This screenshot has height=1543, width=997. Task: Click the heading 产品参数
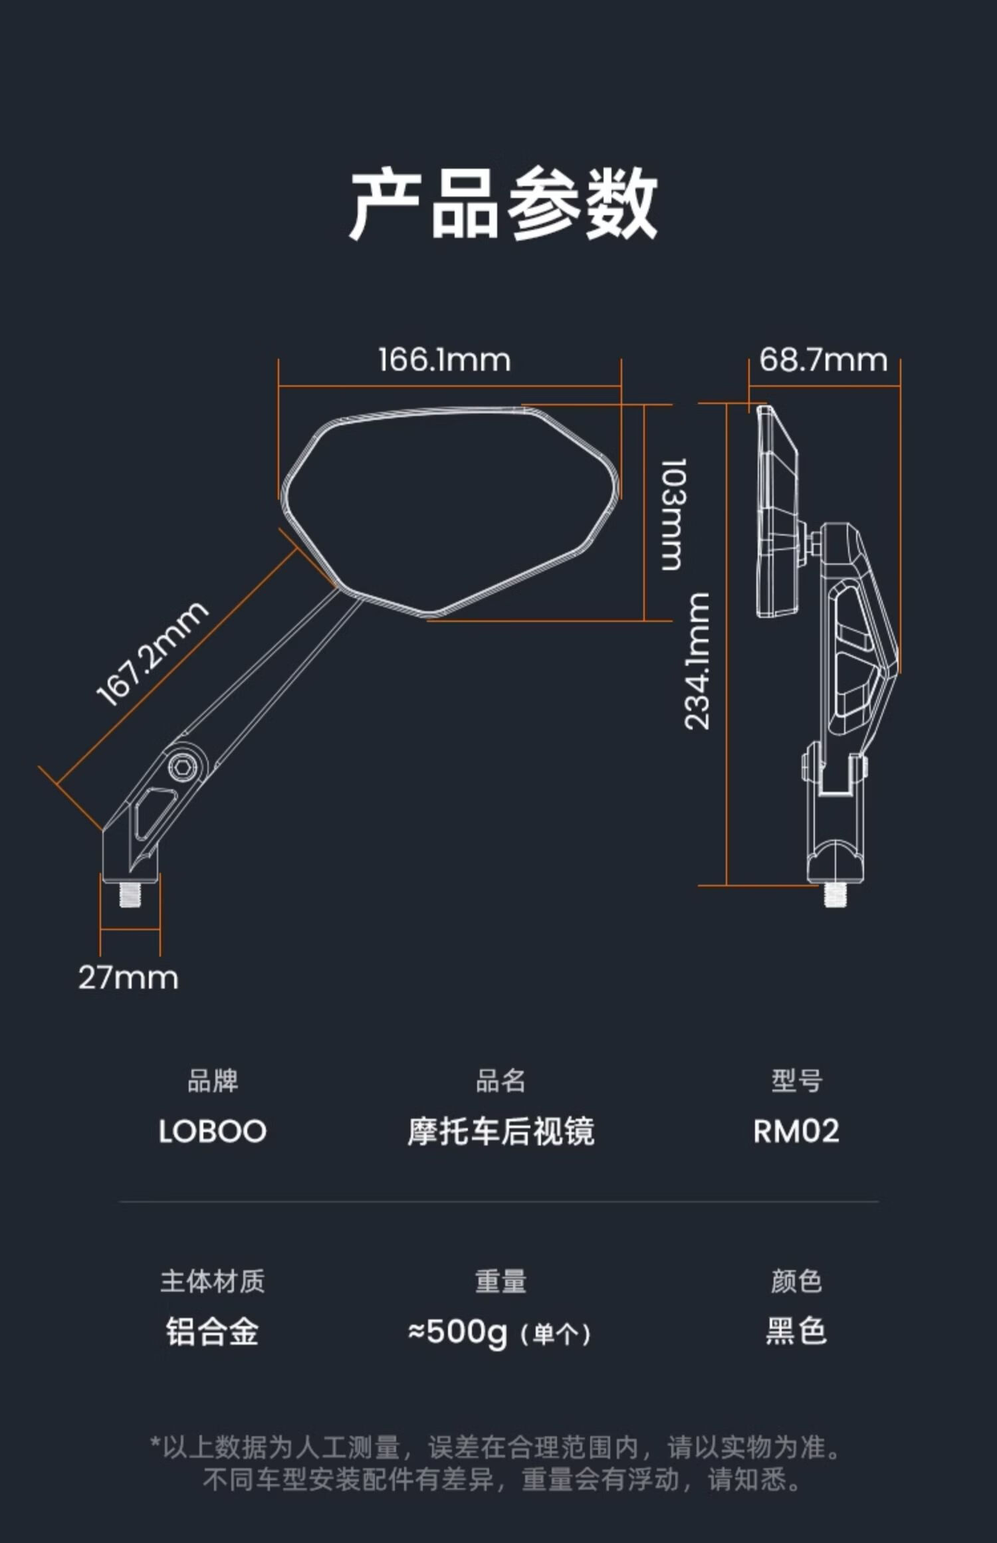[x=503, y=204]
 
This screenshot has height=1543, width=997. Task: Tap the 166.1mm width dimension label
[x=445, y=360]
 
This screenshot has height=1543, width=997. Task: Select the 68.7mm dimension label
[x=824, y=360]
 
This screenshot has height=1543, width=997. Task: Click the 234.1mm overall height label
[x=697, y=661]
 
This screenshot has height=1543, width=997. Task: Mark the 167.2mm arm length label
[x=152, y=654]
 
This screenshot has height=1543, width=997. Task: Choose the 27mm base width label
[x=128, y=978]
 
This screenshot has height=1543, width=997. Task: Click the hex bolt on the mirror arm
[x=183, y=768]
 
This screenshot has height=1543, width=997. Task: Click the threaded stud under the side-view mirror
[x=835, y=894]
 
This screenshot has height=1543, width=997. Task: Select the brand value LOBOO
[x=213, y=1132]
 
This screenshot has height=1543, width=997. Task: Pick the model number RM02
[x=796, y=1132]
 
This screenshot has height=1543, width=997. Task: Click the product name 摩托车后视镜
[x=501, y=1132]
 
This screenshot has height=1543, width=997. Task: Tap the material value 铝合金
[x=213, y=1332]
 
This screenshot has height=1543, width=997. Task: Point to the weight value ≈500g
[x=458, y=1332]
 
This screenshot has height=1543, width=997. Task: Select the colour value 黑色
[x=796, y=1332]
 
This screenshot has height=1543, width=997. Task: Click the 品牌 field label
[x=213, y=1082]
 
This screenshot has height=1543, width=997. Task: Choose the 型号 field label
[x=796, y=1082]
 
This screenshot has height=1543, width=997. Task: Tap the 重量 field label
[x=501, y=1282]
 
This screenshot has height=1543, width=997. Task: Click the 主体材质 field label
[x=213, y=1282]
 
